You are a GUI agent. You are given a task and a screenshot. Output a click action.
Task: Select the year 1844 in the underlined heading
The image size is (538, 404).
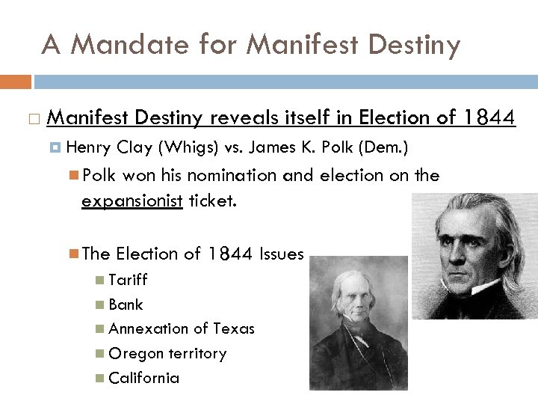coord(489,117)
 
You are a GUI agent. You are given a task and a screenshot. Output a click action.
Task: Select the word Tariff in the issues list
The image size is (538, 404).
coord(128,280)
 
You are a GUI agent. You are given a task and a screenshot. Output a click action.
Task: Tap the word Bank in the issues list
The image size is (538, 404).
coord(126,304)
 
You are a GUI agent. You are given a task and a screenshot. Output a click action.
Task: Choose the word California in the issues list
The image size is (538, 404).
coord(143,378)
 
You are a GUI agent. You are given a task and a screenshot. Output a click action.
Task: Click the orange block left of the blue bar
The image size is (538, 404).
coord(16,81)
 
